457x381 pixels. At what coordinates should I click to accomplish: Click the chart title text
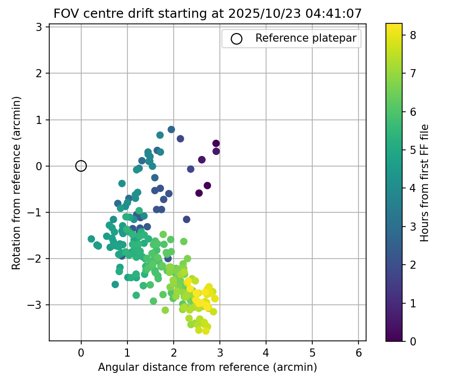click(207, 14)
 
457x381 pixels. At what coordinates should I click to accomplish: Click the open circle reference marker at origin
click(81, 166)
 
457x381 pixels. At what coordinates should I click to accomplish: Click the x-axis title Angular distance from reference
click(207, 367)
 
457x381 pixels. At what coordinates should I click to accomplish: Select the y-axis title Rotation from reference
click(17, 182)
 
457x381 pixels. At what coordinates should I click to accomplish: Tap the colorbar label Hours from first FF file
click(425, 182)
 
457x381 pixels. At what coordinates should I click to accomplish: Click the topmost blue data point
click(171, 130)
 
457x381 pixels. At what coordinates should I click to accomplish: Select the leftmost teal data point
click(91, 239)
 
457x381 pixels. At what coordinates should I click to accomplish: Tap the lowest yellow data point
click(206, 331)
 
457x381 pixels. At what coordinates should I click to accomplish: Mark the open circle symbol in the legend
click(235, 38)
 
